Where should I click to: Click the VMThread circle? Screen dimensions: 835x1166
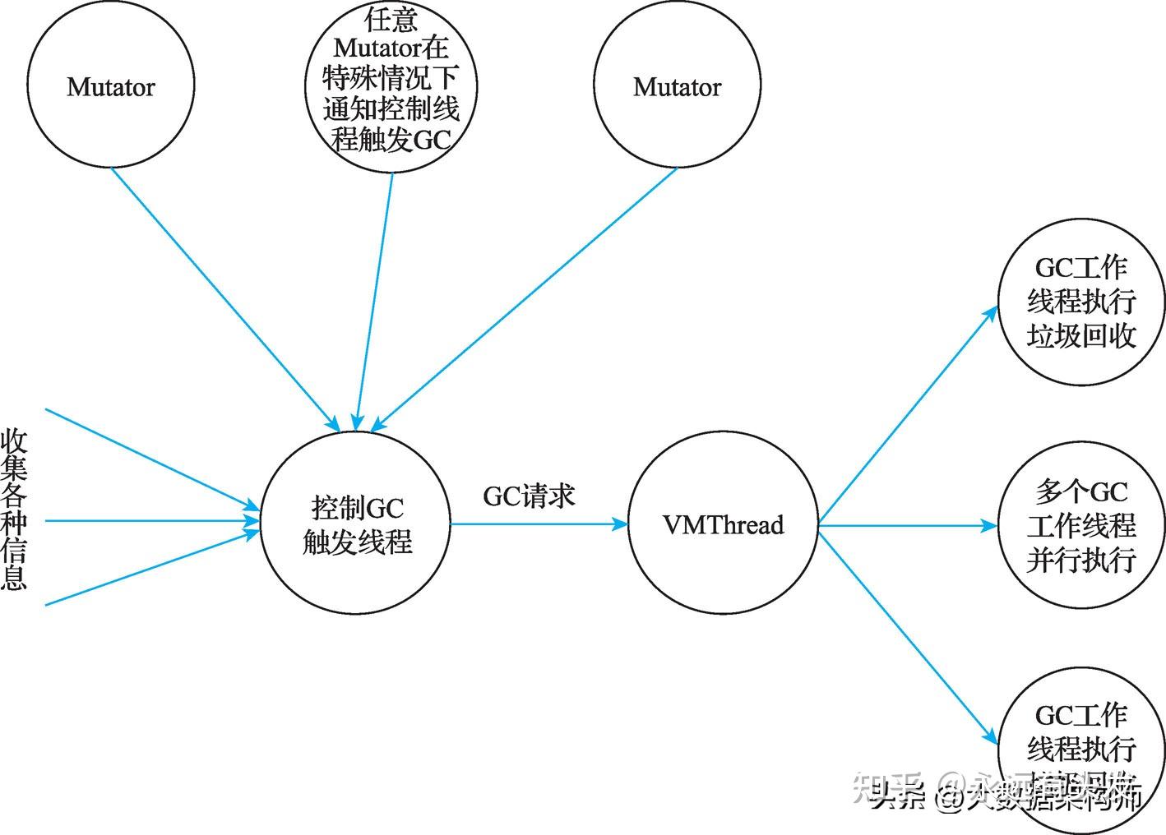(723, 524)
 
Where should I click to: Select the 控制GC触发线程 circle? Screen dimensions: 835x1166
(356, 524)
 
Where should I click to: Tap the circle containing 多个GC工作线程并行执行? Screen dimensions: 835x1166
(1080, 526)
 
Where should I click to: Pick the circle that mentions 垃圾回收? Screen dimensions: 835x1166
(1080, 301)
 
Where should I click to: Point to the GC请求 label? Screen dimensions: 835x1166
(529, 496)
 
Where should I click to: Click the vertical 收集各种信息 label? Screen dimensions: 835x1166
(14, 510)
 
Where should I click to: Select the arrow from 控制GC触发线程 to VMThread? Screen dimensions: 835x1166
(539, 524)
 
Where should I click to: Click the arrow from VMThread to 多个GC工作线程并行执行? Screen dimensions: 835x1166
(905, 525)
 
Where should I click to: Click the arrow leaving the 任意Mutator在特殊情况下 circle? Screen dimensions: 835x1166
(374, 296)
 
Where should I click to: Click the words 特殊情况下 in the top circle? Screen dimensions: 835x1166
(391, 78)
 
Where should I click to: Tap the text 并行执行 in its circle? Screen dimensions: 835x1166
(1080, 560)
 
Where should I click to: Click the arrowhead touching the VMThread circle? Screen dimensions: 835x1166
(620, 524)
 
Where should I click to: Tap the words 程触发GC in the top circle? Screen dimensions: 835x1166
(391, 140)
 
